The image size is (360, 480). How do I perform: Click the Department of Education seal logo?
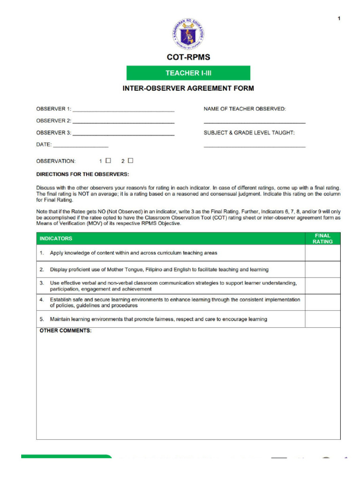click(188, 34)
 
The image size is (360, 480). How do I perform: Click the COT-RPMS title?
click(188, 58)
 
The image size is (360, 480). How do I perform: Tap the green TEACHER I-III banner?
click(188, 73)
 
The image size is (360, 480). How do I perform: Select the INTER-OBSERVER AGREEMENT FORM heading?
click(188, 88)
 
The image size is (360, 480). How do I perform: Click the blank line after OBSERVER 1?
click(123, 110)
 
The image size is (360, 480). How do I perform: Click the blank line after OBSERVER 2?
click(123, 121)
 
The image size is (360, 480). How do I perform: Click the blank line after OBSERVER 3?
click(123, 134)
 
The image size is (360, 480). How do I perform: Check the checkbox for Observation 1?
click(108, 161)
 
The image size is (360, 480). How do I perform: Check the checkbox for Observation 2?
click(130, 161)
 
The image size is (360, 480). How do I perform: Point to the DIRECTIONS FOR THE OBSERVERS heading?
click(82, 174)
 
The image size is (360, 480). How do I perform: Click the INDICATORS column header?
click(56, 239)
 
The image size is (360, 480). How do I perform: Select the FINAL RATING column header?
click(322, 239)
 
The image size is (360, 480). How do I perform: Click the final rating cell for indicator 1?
click(322, 253)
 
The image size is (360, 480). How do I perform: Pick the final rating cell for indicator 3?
click(322, 286)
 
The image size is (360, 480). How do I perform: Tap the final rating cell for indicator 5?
click(322, 319)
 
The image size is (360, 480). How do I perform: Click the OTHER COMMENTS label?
click(65, 330)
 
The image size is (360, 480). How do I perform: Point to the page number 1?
click(339, 18)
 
